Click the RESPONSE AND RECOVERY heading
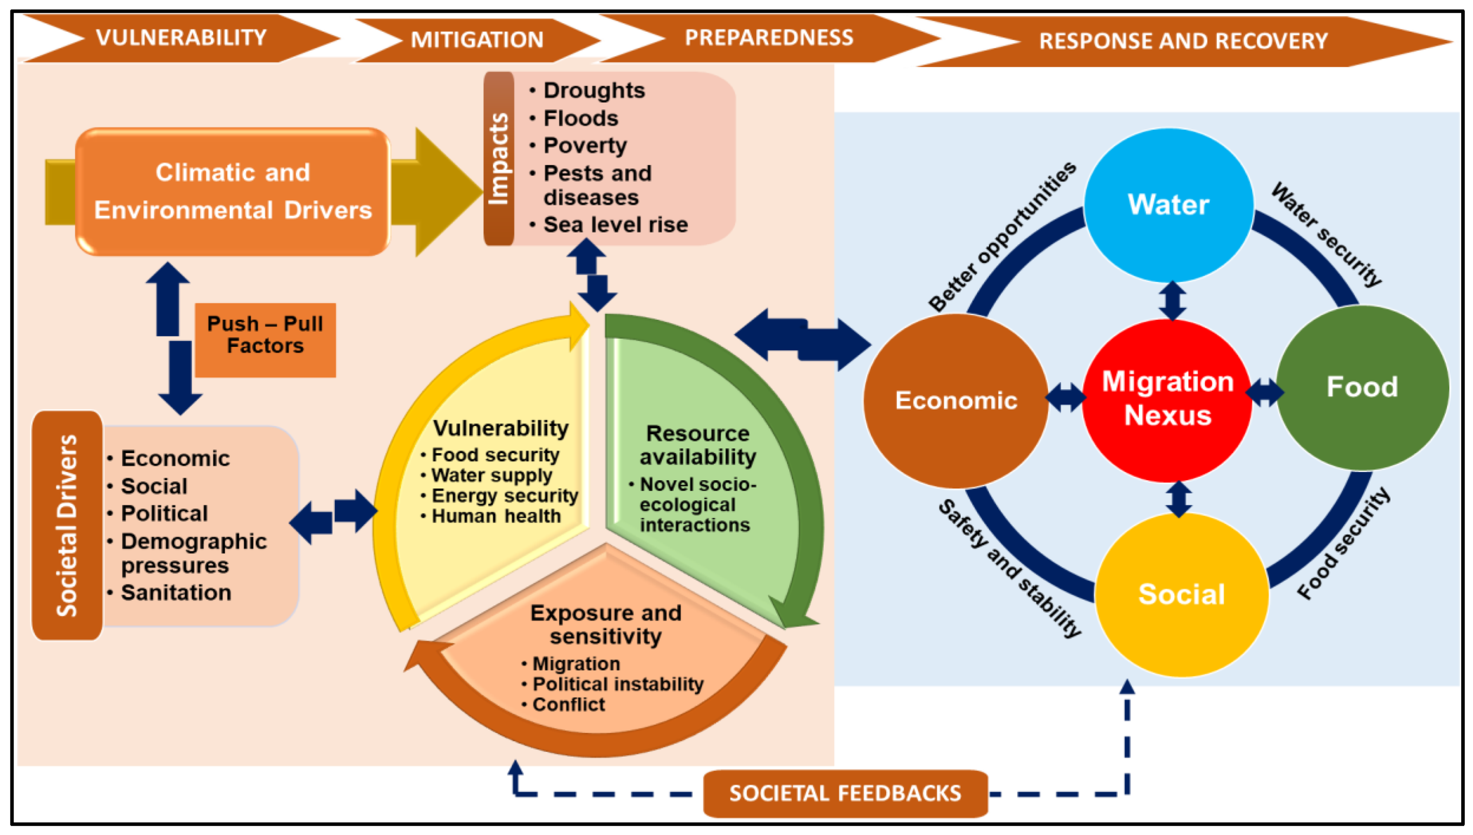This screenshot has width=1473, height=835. point(1183,41)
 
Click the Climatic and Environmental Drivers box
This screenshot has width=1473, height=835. point(233,191)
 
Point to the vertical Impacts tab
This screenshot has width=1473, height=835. point(498,159)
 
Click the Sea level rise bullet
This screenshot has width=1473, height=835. point(615,225)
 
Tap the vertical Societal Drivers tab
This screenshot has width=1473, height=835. point(67,525)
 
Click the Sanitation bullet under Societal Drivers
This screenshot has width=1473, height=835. point(176,592)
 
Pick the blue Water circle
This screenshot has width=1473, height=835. point(1168,205)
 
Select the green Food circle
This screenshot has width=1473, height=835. point(1362,387)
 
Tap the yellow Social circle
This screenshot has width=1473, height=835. point(1181,594)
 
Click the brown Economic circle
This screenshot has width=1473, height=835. point(956,400)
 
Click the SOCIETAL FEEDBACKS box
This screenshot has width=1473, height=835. point(845,793)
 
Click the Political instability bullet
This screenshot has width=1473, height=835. point(617,684)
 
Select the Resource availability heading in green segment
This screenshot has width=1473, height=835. point(697,445)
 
